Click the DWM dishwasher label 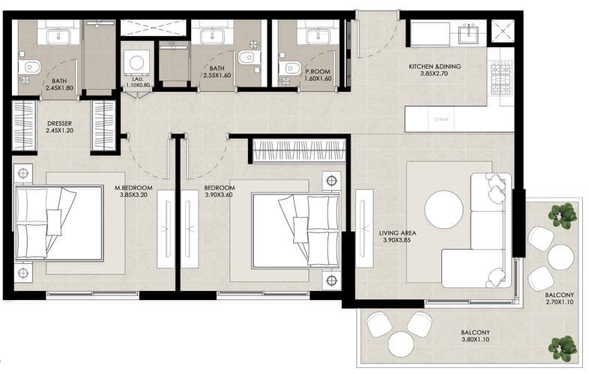[x=441, y=120]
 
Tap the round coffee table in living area [x=444, y=209]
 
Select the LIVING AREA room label [x=397, y=233]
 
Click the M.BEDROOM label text [x=133, y=188]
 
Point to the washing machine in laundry [x=136, y=63]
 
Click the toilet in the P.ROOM [x=290, y=68]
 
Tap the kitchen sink [x=468, y=33]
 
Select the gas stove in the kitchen [x=501, y=79]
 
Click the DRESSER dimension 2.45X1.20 [x=60, y=131]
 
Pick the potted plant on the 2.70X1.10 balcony [x=562, y=215]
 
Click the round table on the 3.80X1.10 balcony [x=401, y=344]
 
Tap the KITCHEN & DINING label [x=435, y=67]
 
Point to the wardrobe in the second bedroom [x=299, y=150]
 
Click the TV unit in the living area [x=364, y=228]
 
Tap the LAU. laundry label [x=136, y=79]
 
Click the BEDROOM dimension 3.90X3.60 [x=219, y=195]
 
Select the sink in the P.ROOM [x=318, y=37]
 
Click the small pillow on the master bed [x=54, y=222]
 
